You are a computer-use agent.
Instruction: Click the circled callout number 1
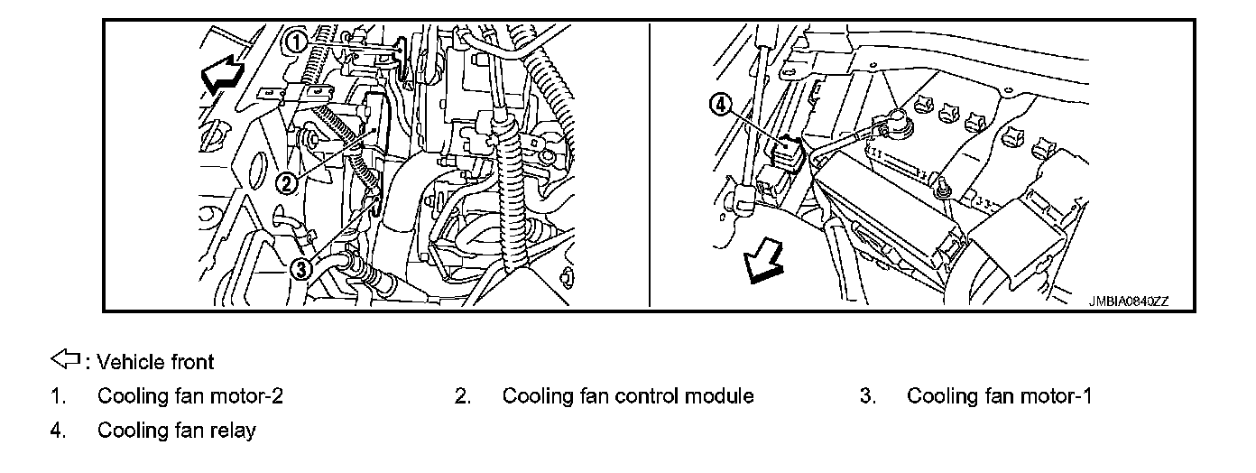pyautogui.click(x=295, y=41)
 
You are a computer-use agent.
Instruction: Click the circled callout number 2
pyautogui.click(x=286, y=184)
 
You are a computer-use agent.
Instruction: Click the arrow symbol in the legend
pyautogui.click(x=67, y=361)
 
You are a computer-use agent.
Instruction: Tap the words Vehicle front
pyautogui.click(x=155, y=362)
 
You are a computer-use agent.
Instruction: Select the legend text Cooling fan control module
pyautogui.click(x=628, y=396)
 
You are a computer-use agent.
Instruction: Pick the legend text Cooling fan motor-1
pyautogui.click(x=999, y=396)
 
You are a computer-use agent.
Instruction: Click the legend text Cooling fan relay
pyautogui.click(x=176, y=431)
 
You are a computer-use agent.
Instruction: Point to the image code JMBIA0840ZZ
pyautogui.click(x=1128, y=302)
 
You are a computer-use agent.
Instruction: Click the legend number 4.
pyautogui.click(x=57, y=431)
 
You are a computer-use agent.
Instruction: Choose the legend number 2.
pyautogui.click(x=462, y=396)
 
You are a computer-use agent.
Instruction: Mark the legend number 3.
pyautogui.click(x=867, y=396)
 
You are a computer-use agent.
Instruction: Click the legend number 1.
pyautogui.click(x=57, y=396)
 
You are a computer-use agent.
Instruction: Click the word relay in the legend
pyautogui.click(x=234, y=431)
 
